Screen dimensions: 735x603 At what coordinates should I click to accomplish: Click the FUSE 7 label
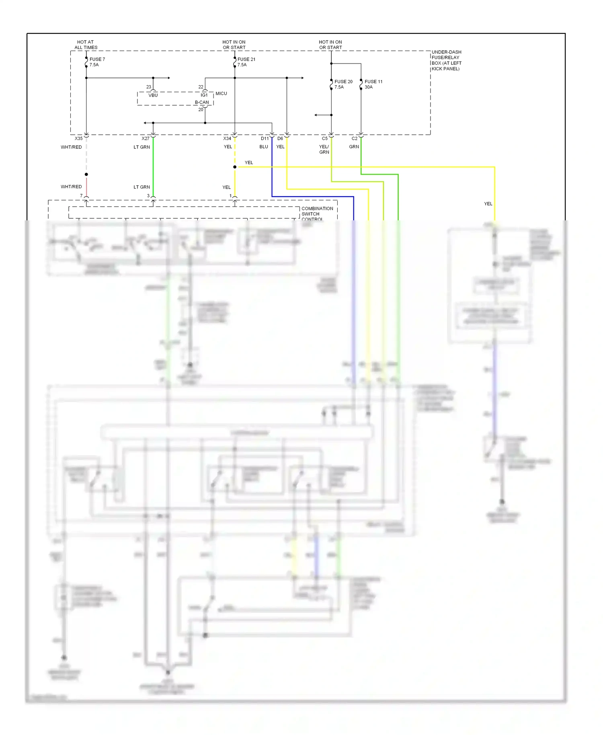point(97,60)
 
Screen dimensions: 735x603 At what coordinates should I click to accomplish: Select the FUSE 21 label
point(246,60)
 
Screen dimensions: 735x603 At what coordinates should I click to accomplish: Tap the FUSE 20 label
point(343,82)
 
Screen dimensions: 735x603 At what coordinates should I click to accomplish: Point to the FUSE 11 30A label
point(373,84)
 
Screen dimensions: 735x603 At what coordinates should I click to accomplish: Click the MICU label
point(221,94)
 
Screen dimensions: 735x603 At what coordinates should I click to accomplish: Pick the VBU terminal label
point(153,95)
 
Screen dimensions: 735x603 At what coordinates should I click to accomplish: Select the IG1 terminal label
point(204,95)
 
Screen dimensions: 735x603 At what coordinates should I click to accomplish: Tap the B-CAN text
point(202,103)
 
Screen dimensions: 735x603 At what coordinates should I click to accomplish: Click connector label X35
point(78,139)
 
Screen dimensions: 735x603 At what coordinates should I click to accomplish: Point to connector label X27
point(146,139)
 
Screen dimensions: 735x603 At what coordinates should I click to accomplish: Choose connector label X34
point(227,139)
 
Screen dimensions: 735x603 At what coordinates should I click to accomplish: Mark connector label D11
point(265,139)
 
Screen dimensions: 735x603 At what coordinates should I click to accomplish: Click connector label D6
point(280,139)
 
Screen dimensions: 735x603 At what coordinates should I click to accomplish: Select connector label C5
point(325,139)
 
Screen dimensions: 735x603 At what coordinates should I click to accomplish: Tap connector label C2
point(355,139)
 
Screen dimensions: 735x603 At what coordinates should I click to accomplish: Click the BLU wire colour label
point(264,147)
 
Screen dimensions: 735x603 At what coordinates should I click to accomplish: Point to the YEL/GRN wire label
point(324,150)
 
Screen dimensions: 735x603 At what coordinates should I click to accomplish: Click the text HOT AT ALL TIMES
point(86,45)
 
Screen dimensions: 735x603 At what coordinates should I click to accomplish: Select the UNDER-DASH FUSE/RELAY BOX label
point(446,60)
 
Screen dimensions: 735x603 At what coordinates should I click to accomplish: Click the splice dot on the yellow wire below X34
point(235,167)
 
